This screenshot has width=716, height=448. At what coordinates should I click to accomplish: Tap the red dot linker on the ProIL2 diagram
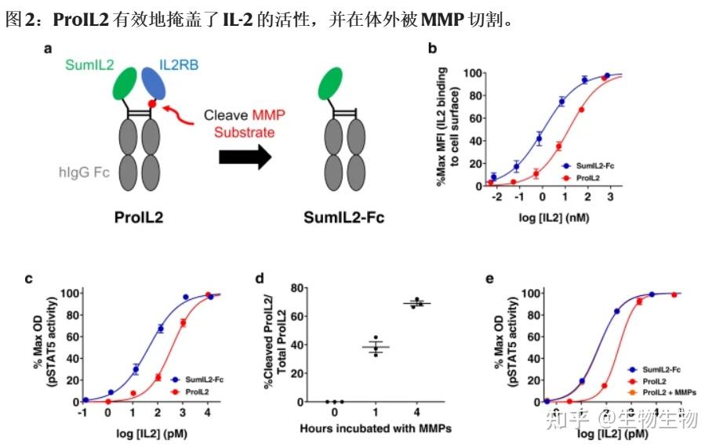153,103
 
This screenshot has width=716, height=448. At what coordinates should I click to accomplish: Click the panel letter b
433,49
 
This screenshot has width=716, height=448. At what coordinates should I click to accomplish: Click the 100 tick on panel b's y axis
473,73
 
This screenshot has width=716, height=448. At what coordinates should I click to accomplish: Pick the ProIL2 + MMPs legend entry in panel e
657,390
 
